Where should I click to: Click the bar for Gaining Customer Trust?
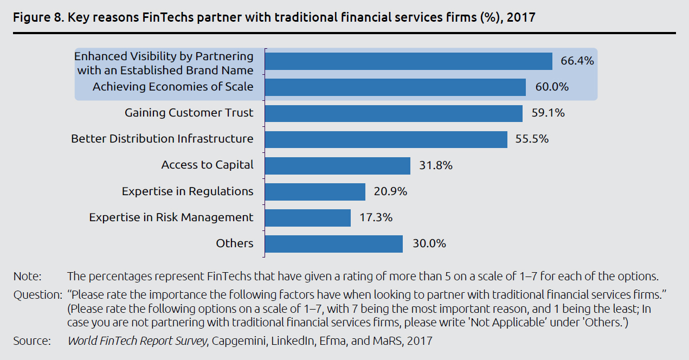[x=394, y=113]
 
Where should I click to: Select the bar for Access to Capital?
[x=337, y=165]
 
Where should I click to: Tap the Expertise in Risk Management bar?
[x=308, y=217]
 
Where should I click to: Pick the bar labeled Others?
[x=334, y=243]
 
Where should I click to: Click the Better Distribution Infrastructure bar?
[x=386, y=139]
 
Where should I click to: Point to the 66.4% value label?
[x=577, y=61]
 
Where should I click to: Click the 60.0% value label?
[x=552, y=87]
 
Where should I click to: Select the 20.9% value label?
[x=390, y=191]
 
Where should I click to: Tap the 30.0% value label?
[x=429, y=243]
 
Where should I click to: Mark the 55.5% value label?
[x=532, y=139]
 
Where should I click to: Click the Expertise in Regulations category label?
[x=188, y=191]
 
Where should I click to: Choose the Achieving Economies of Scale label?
[x=173, y=87]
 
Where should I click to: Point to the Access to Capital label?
[x=207, y=165]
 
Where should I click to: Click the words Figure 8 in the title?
[x=37, y=17]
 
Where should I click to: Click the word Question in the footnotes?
[x=36, y=295]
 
